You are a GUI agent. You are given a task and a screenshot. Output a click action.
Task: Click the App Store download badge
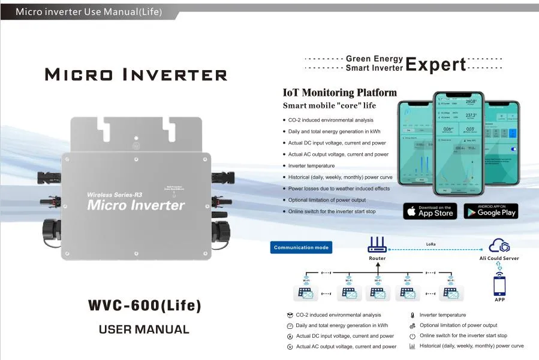coord(430,211)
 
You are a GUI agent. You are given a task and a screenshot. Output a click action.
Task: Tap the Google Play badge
coord(490,211)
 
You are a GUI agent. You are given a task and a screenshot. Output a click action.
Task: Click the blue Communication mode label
coord(301,247)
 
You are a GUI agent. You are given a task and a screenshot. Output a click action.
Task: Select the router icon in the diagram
coord(377,245)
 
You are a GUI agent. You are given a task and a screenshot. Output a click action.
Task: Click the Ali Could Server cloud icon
coord(499,246)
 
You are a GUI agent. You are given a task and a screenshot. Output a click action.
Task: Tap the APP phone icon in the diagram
coord(499,285)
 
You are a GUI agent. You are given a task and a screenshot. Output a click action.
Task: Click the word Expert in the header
coord(436,64)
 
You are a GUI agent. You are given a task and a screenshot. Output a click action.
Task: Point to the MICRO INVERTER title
coord(137,75)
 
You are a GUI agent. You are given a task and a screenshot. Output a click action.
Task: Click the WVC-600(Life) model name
coord(144,305)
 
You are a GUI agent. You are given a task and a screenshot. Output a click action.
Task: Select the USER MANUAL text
coord(144,329)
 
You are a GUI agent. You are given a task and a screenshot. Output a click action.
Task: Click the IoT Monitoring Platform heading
coord(339,93)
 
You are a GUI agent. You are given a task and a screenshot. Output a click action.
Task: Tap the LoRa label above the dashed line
coord(430,244)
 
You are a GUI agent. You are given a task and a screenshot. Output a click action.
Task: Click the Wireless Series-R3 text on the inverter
coord(115,195)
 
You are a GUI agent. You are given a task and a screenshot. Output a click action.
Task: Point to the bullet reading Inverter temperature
coord(311,166)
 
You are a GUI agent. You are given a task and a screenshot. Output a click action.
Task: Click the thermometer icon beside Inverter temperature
coord(412,315)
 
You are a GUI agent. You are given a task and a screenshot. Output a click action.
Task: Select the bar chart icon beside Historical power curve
coord(412,346)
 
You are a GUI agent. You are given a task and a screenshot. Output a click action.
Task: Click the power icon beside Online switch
coord(412,336)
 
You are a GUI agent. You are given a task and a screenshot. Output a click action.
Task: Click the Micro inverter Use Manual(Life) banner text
coord(89,12)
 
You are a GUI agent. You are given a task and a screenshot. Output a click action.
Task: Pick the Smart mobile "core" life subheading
coord(329,106)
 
